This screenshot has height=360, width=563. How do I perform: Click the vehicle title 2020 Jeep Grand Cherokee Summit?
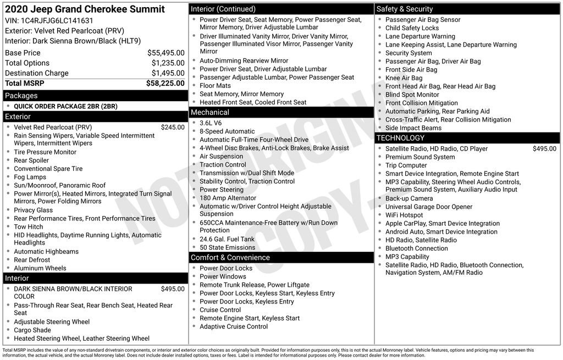tap(85, 9)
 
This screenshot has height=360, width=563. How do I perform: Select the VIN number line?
tap(49, 21)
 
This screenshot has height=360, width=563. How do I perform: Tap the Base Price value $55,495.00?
tap(165, 53)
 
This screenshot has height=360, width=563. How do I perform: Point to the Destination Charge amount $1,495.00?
tap(168, 73)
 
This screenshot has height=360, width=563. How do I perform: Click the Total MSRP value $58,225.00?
tap(165, 84)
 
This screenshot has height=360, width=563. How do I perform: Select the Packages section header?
tap(21, 96)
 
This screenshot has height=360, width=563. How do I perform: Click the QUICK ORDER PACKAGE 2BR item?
tap(65, 106)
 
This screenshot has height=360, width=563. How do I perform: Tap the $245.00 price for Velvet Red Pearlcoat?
tap(173, 127)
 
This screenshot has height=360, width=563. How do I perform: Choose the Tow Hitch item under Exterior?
tap(29, 226)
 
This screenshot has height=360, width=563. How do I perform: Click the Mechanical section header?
tap(210, 113)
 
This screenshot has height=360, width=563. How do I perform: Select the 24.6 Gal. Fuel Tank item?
tap(227, 239)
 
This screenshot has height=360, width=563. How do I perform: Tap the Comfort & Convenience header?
tap(230, 257)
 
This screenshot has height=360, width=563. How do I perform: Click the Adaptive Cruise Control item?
tap(234, 326)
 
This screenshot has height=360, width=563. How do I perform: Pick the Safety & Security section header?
tap(405, 9)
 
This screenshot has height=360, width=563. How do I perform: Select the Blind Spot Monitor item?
tap(412, 95)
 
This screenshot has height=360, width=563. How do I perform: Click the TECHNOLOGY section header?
tap(401, 138)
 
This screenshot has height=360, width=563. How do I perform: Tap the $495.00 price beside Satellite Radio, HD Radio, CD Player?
tap(544, 148)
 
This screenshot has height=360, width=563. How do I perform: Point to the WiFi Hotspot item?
tap(404, 215)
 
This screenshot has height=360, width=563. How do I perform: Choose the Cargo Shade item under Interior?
tap(32, 330)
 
